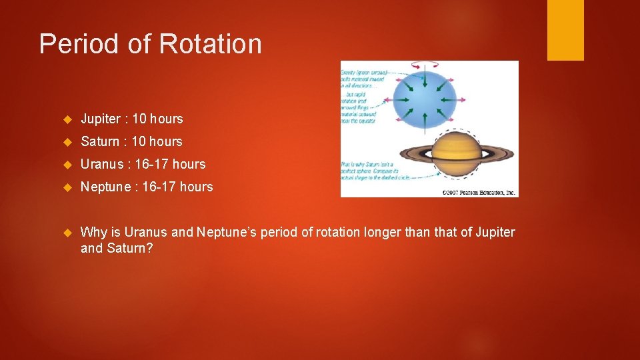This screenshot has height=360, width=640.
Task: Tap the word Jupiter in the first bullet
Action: [x=102, y=119]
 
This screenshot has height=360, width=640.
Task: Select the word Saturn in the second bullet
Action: [x=100, y=142]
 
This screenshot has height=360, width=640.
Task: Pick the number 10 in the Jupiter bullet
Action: [x=139, y=119]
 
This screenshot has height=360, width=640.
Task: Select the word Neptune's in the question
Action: [x=226, y=233]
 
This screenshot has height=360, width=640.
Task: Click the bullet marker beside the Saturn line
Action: [x=67, y=142]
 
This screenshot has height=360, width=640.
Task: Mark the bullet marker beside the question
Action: [x=67, y=233]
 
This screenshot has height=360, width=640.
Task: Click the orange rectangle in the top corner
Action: [x=565, y=30]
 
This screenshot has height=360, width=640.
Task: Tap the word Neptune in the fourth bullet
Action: [x=105, y=187]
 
